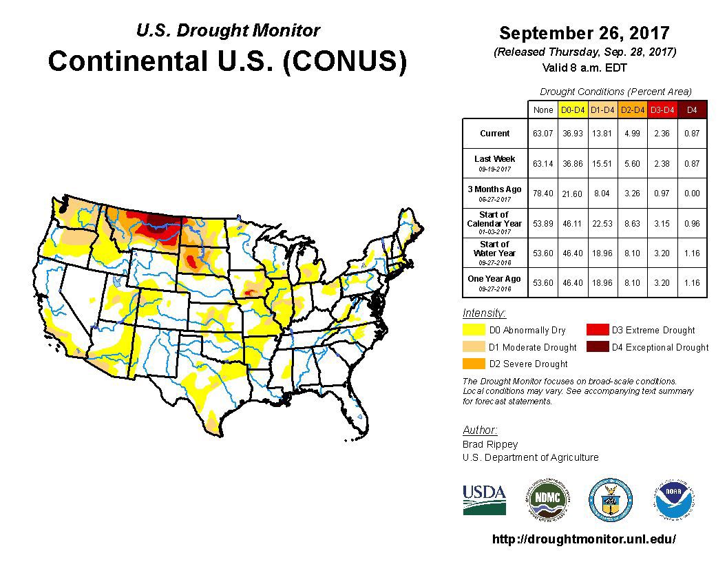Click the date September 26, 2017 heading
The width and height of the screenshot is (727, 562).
pos(584,33)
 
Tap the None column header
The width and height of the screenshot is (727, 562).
pos(543,110)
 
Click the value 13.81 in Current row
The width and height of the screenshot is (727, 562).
pos(602,134)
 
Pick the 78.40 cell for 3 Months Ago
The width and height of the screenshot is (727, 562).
pos(543,194)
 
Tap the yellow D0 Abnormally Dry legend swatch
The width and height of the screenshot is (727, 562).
pos(474,330)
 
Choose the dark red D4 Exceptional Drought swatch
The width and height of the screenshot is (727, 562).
pos(597,347)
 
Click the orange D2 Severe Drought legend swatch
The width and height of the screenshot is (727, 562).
pos(474,363)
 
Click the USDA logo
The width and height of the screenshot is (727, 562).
pos(484,499)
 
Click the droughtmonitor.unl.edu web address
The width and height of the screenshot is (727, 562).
pos(584,539)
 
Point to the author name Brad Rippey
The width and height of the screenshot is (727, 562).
pos(490,444)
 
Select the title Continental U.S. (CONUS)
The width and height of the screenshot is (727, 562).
pos(227,61)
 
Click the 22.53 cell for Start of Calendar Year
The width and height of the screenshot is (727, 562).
pos(602,223)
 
